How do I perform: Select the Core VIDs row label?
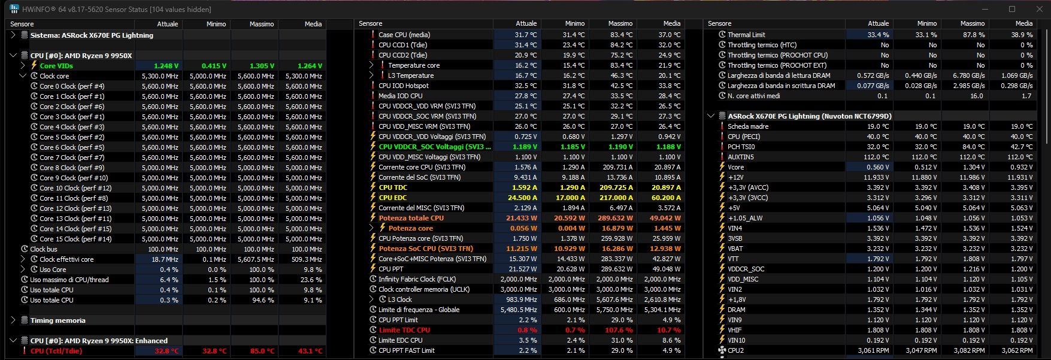(x=56, y=66)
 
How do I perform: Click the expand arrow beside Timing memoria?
(x=13, y=320)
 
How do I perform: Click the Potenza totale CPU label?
(x=411, y=218)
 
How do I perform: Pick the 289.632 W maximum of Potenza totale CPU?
(x=614, y=218)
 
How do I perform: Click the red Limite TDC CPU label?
(x=404, y=330)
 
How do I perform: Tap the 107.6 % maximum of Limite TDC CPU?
(x=620, y=330)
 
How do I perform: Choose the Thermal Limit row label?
(x=746, y=35)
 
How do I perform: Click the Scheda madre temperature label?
(x=748, y=126)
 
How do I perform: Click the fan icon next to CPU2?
(x=722, y=350)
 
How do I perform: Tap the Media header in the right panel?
(x=1023, y=23)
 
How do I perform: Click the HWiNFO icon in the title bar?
(x=14, y=10)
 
